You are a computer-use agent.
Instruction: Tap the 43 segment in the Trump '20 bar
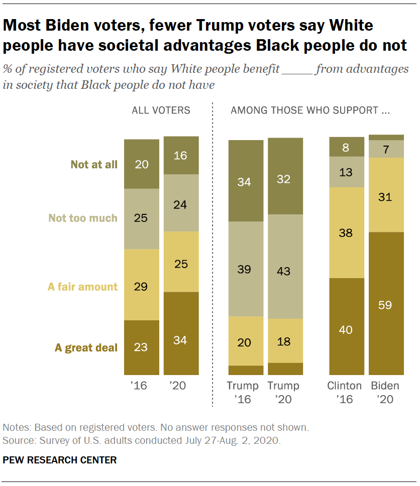(x=285, y=266)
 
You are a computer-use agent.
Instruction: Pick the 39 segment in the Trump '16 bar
(x=246, y=269)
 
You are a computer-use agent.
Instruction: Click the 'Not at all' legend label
(x=94, y=164)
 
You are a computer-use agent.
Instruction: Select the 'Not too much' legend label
(x=82, y=218)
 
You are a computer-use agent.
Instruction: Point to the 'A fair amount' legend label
(x=82, y=287)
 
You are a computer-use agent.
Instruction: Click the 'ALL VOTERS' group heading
(x=161, y=110)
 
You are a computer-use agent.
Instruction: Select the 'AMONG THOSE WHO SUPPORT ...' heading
(x=310, y=110)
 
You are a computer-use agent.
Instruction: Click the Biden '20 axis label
(x=386, y=393)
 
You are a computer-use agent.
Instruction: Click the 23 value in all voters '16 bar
(x=142, y=347)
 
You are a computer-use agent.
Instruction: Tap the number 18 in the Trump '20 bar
(x=285, y=341)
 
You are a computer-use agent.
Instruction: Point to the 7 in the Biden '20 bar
(x=386, y=149)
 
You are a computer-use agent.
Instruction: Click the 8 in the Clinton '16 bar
(x=346, y=147)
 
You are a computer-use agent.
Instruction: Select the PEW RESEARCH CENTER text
(x=60, y=460)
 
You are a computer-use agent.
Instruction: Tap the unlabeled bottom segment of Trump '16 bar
(x=246, y=370)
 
